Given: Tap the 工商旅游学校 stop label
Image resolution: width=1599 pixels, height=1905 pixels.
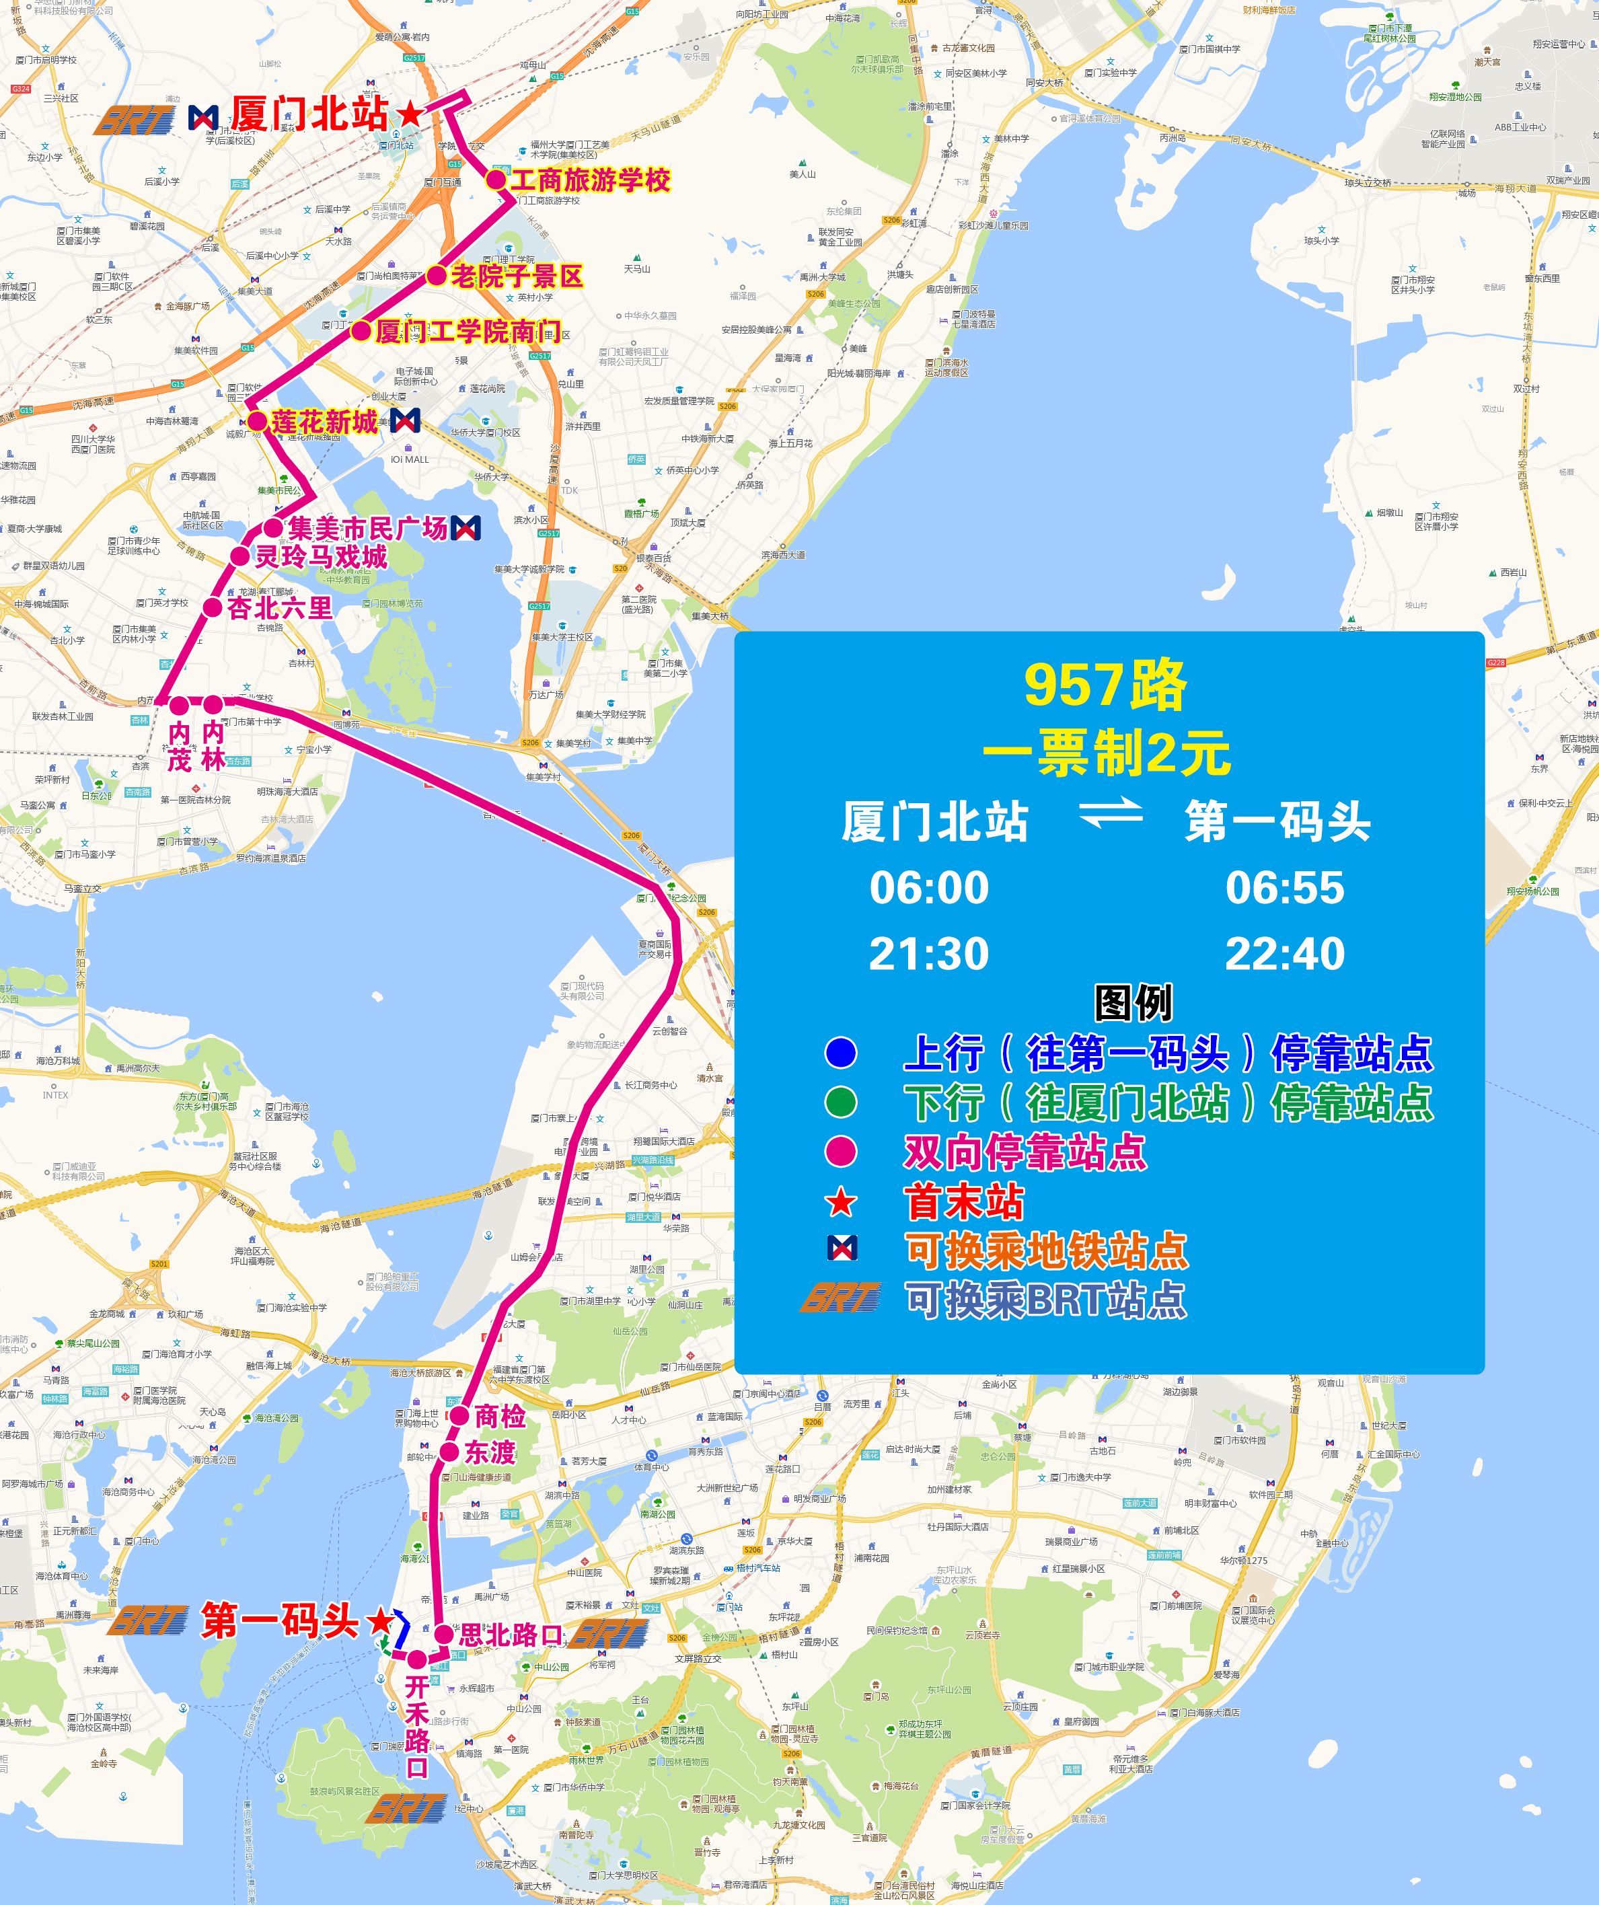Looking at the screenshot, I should pos(591,180).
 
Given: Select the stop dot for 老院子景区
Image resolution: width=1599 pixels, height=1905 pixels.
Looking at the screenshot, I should pos(437,276).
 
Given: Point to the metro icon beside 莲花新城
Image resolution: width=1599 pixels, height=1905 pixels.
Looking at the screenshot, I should pos(404,420).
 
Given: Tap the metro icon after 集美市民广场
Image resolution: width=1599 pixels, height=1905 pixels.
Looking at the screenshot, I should pos(466,528).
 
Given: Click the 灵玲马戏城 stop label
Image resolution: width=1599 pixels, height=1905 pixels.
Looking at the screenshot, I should pos(320,557).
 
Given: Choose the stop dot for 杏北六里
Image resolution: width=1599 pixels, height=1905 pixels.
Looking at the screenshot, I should pos(212,608).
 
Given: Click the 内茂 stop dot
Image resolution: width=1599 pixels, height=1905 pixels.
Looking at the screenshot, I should pos(180,705).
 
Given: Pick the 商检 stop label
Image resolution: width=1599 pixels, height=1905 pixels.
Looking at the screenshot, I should pos(500,1416).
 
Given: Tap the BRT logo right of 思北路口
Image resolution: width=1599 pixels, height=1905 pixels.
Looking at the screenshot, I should pos(609,1635).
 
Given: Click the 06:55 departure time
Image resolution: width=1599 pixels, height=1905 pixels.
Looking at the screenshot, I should pos(1284,887).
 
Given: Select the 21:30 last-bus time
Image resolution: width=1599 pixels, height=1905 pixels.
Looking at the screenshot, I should pos(929,953).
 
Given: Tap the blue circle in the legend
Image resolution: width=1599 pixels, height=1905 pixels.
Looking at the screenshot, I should pos(841,1052).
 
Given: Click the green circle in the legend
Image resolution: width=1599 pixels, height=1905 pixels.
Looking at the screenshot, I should pos(841,1103).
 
